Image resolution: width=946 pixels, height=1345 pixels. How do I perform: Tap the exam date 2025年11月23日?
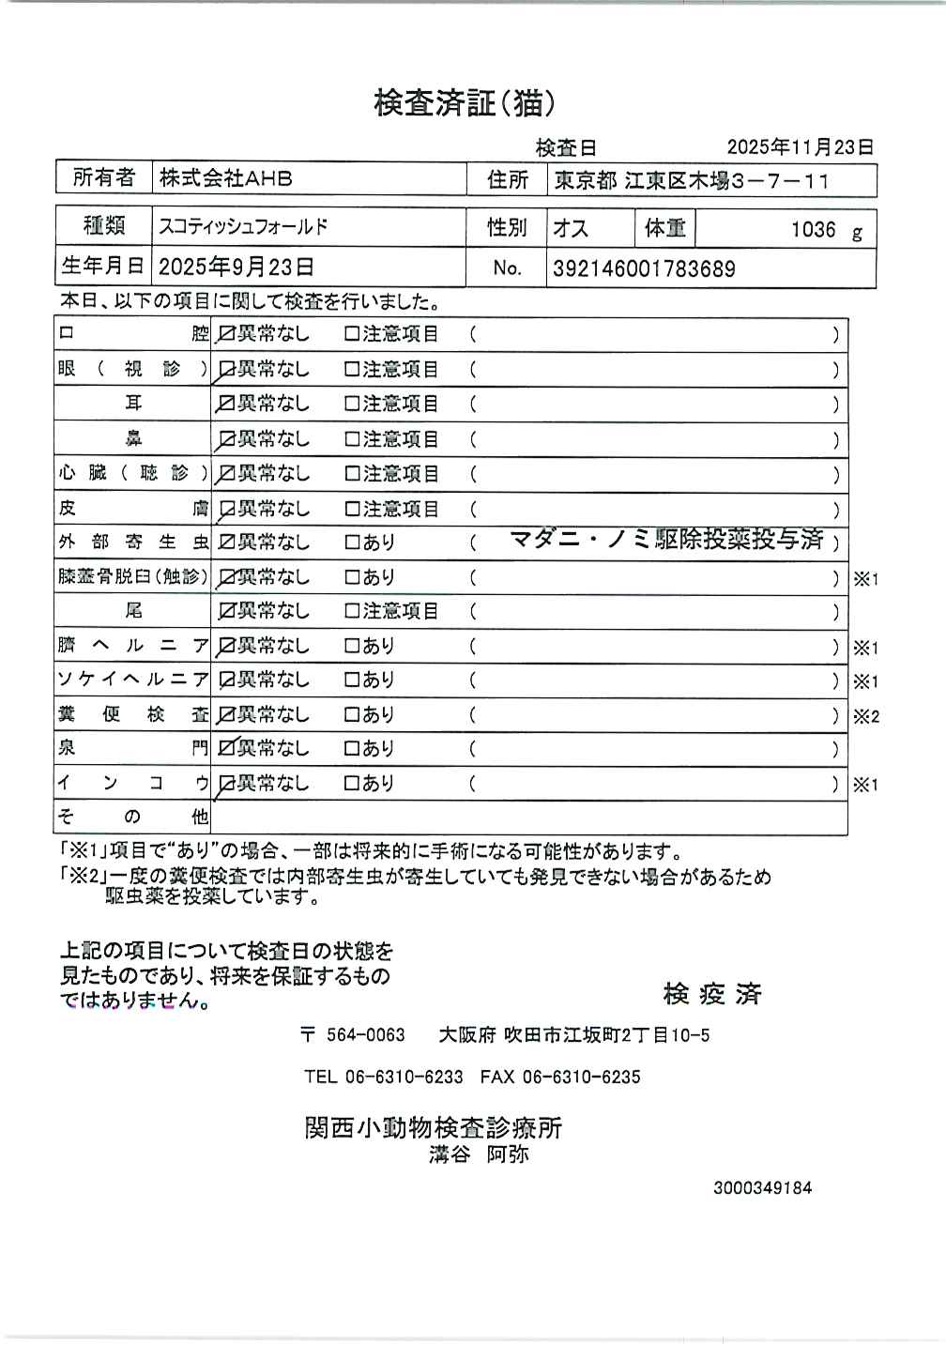[x=800, y=147]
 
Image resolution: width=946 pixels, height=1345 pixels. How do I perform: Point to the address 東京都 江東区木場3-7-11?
[x=691, y=181]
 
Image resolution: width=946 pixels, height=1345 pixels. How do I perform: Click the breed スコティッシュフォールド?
[x=243, y=226]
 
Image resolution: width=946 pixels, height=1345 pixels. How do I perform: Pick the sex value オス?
[x=570, y=228]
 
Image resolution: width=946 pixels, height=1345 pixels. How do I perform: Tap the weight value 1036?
[x=813, y=230]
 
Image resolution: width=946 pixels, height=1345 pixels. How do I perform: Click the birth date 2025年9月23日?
[x=236, y=267]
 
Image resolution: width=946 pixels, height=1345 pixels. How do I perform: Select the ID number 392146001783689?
[x=644, y=269]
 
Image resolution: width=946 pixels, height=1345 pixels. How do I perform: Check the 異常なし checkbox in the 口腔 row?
[x=226, y=334]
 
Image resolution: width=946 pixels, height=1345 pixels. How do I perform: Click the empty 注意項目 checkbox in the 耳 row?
[x=352, y=404]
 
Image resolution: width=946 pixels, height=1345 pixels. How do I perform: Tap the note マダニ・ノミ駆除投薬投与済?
[x=666, y=540]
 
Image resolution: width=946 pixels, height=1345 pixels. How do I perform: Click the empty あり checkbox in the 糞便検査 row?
[x=352, y=715]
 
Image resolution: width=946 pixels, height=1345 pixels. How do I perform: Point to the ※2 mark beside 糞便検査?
[x=865, y=717]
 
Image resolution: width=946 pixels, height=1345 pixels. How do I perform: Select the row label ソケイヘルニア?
[x=132, y=680]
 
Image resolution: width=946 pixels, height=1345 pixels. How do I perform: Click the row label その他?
[x=132, y=817]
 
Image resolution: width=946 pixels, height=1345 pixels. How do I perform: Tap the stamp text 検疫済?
[x=712, y=994]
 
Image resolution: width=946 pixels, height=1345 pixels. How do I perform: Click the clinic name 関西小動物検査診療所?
[x=433, y=1127]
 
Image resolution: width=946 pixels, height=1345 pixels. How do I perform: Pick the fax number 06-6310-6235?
[x=581, y=1078]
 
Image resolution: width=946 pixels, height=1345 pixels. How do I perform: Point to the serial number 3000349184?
[x=762, y=1188]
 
